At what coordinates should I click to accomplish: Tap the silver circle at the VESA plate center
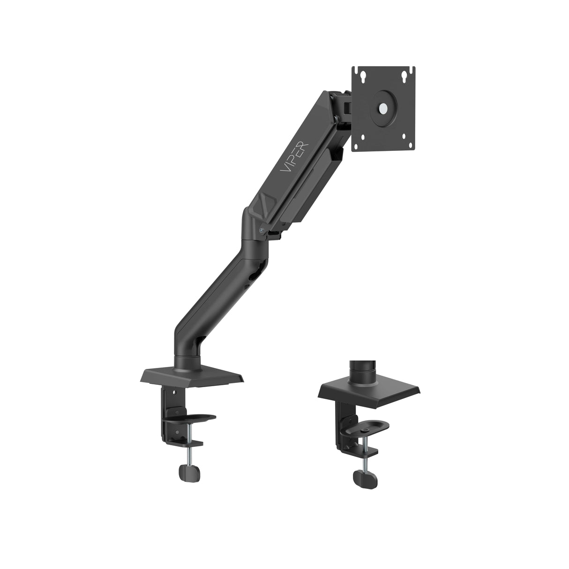pos(383,108)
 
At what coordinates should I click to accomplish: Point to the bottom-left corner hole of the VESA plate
pos(362,138)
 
